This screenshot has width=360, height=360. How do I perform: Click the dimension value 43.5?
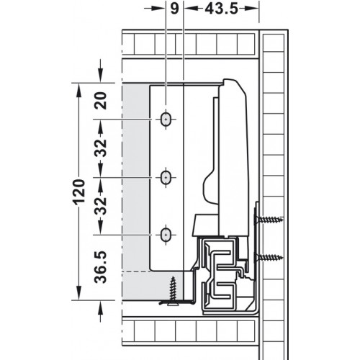click(221, 9)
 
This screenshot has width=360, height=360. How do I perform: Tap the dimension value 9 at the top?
click(174, 9)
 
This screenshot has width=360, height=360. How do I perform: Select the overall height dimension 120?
click(79, 192)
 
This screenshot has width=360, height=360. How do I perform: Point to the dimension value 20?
click(101, 101)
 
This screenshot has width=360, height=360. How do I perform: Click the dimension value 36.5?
click(101, 267)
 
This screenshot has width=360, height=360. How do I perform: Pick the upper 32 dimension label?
click(101, 148)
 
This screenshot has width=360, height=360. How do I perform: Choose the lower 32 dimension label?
click(101, 206)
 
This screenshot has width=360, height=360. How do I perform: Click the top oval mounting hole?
click(166, 120)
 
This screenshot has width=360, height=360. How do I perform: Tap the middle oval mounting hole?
click(166, 178)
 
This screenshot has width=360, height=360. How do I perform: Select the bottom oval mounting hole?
click(166, 235)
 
